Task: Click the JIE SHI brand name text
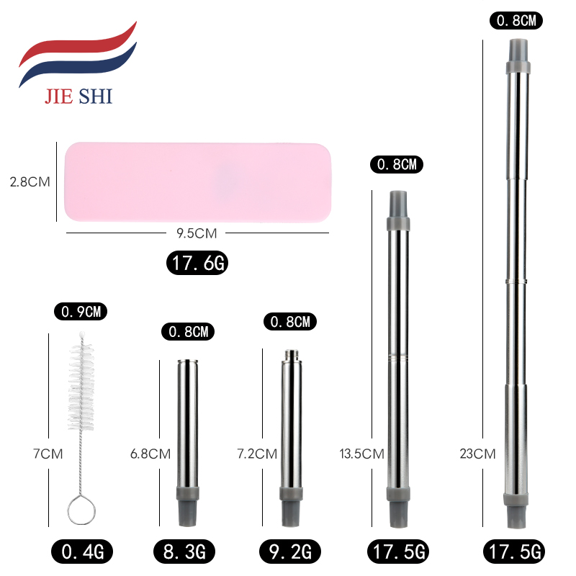(78, 96)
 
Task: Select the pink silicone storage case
(198, 181)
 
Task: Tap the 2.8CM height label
(30, 182)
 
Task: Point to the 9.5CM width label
(196, 233)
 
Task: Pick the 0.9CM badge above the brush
(81, 312)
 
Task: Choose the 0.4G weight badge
(81, 552)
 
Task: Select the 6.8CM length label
(150, 454)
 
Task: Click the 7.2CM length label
(257, 454)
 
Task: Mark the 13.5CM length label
(361, 454)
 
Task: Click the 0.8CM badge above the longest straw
(518, 21)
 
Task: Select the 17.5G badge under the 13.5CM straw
(398, 552)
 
